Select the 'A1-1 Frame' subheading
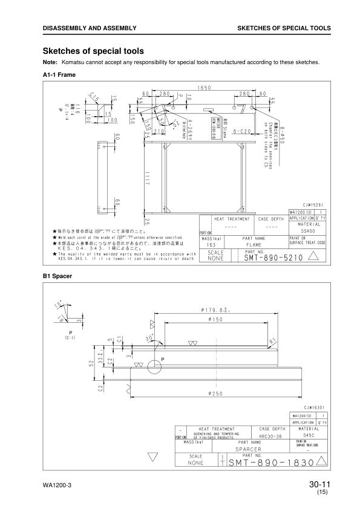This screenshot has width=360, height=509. point(59,74)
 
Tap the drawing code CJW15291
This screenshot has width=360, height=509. point(315,206)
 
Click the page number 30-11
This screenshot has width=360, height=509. point(319,484)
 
